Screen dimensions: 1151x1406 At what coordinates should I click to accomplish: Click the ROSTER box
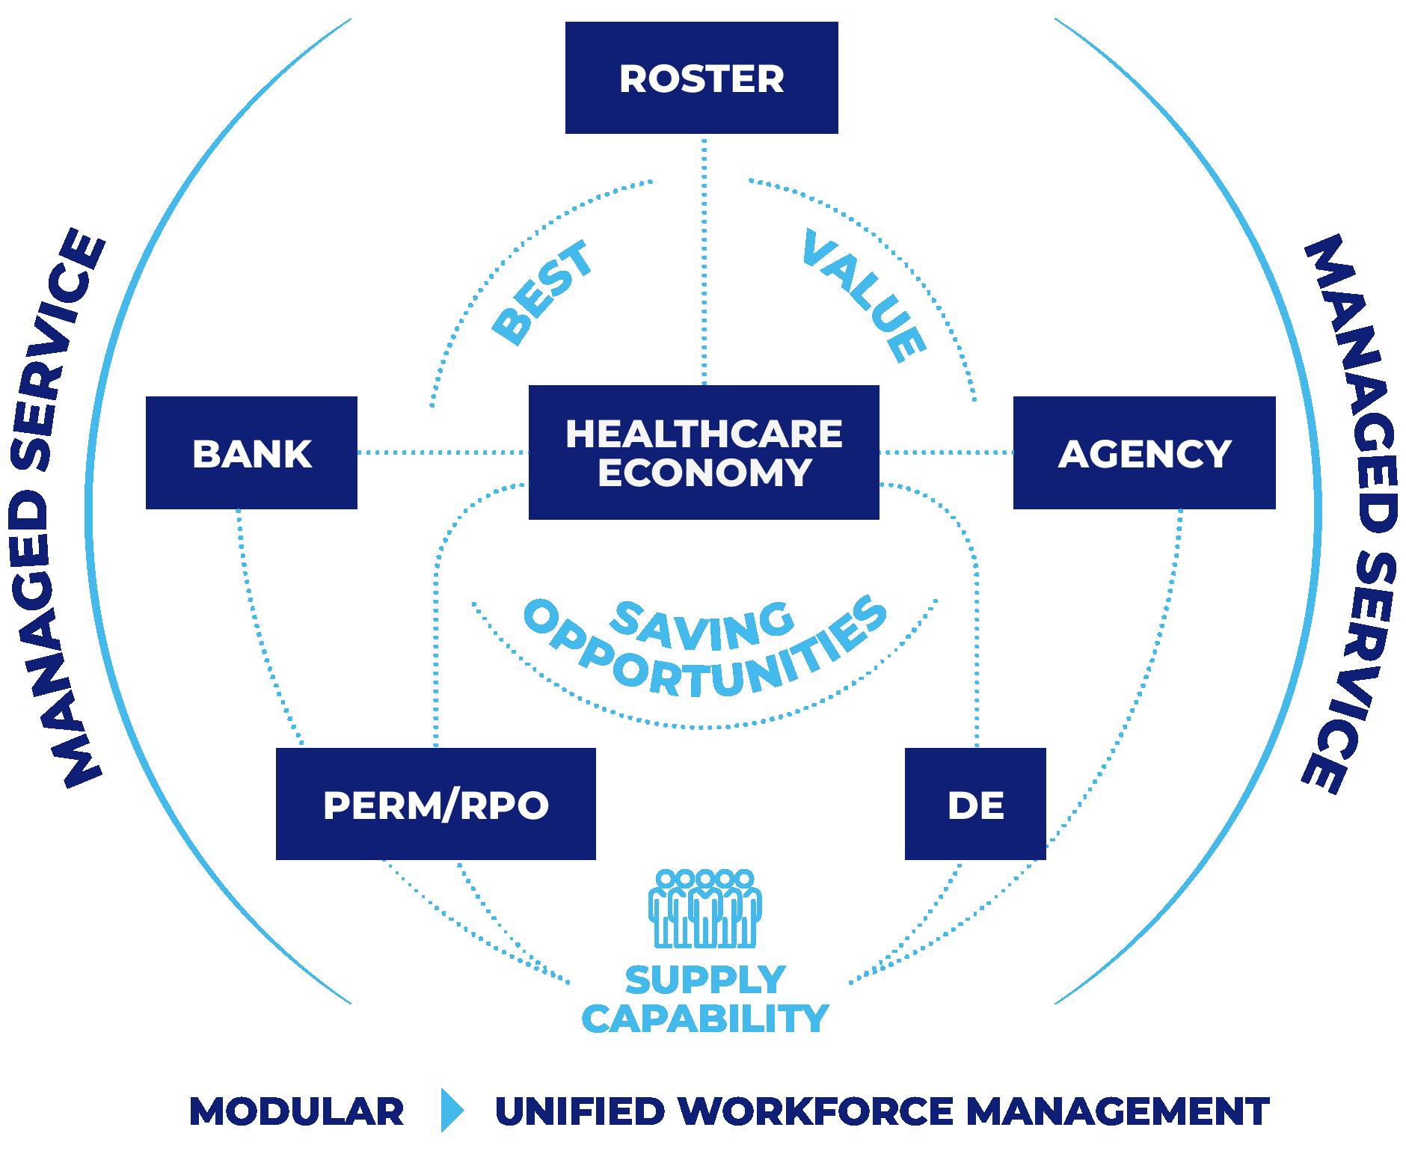click(702, 78)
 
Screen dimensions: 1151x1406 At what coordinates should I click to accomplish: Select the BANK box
click(251, 453)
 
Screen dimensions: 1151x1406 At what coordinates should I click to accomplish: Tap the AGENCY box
click(1143, 453)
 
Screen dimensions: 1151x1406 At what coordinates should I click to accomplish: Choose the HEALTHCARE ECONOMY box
click(703, 452)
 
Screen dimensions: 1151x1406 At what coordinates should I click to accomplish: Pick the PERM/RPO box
click(435, 804)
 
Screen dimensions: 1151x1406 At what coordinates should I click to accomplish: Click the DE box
click(975, 804)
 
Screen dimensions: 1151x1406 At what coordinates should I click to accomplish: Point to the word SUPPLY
click(704, 979)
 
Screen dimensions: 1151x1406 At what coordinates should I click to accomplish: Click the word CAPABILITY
click(704, 1018)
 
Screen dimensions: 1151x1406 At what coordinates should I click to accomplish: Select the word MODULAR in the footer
click(297, 1111)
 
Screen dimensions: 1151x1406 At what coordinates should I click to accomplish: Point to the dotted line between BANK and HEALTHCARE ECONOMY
click(443, 452)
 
